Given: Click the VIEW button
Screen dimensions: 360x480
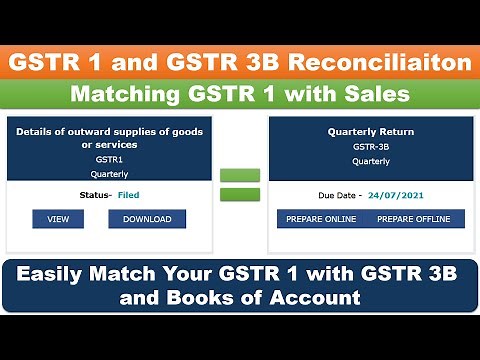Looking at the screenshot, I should (x=58, y=219).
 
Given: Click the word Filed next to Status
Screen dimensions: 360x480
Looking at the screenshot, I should (x=129, y=195).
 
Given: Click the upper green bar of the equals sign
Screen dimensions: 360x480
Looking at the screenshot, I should (x=239, y=176).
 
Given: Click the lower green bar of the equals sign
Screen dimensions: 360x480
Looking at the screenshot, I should (x=239, y=194).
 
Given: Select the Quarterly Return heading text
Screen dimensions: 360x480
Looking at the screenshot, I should (x=357, y=131).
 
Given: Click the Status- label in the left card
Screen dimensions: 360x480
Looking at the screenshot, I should (x=94, y=195).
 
